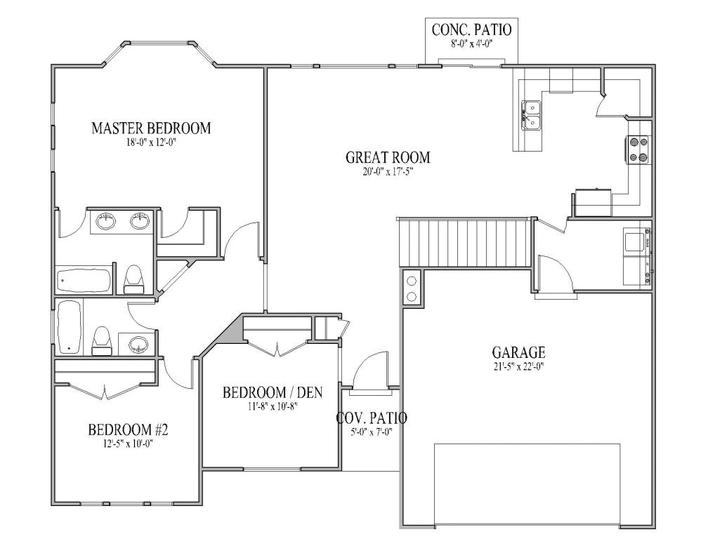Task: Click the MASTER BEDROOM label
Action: tap(151, 128)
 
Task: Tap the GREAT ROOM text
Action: tap(388, 157)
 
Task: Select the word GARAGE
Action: tap(518, 352)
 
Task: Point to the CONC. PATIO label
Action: tap(471, 29)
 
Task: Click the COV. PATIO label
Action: tap(372, 418)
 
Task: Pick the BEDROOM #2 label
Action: tap(129, 429)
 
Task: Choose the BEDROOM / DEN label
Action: tap(273, 392)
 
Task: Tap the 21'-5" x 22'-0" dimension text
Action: tap(518, 365)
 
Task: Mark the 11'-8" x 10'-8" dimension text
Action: tap(273, 405)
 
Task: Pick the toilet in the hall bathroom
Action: tap(102, 340)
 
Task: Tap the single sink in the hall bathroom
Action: tap(138, 345)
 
